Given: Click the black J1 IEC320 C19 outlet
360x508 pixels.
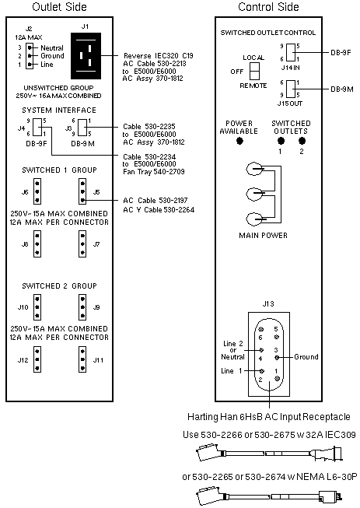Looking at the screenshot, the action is click(x=86, y=56).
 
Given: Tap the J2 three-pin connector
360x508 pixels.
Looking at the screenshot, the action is click(x=30, y=56).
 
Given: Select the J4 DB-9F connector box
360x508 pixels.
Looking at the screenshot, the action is click(x=37, y=127).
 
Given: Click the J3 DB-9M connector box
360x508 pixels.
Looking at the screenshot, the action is click(x=82, y=127).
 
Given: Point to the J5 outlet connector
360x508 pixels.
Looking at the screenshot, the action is click(x=82, y=192).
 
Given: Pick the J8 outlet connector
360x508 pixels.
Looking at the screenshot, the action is click(x=37, y=244).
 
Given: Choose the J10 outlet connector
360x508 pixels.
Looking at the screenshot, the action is click(x=37, y=307).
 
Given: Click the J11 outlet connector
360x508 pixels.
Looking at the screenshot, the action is click(x=82, y=359).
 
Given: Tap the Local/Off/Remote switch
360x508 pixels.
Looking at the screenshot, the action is click(x=254, y=71).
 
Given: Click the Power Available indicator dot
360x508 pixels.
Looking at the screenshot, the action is click(x=239, y=141).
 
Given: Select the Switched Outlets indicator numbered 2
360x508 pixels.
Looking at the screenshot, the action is click(x=302, y=141).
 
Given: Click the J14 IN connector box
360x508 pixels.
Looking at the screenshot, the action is click(x=291, y=52).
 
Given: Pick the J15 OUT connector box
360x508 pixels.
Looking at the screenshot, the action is click(x=291, y=89).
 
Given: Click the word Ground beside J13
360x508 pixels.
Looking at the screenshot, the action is click(x=306, y=357).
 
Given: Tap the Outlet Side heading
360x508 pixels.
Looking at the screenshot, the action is click(x=59, y=7).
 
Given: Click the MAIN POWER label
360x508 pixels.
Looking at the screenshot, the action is click(x=263, y=236).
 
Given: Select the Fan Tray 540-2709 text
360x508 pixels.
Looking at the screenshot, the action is click(x=153, y=172).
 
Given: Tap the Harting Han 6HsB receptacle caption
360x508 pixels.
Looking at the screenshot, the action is click(x=269, y=417).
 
